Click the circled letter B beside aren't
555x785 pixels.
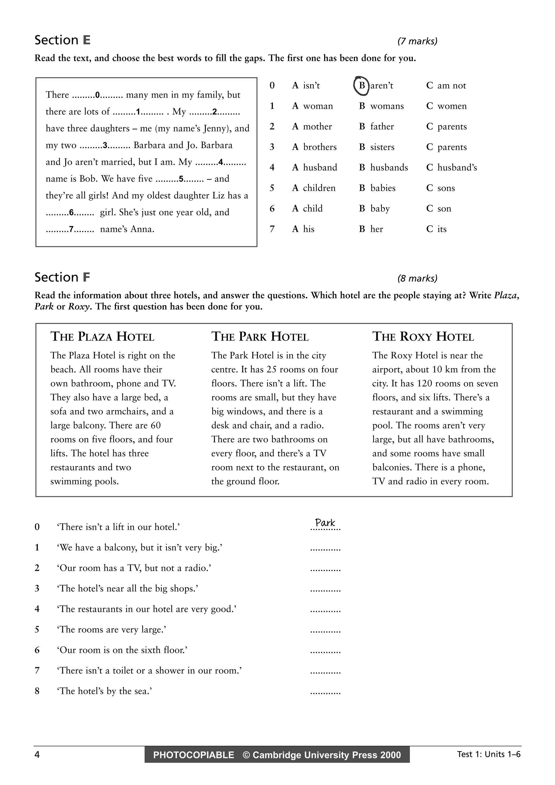tap(362, 86)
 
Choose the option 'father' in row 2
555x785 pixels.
tap(382, 126)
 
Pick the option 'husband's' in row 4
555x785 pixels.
tap(457, 167)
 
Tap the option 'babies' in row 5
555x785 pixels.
tap(383, 188)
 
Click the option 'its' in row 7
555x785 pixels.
tap(442, 229)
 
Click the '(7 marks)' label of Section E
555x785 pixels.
tap(417, 41)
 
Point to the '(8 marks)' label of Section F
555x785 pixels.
tap(417, 279)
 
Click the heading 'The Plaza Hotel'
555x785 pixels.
tap(102, 337)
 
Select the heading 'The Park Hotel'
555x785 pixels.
tap(260, 337)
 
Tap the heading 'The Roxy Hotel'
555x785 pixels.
tap(423, 337)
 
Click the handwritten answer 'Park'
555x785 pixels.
tap(325, 523)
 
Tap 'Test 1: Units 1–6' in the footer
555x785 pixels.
tap(489, 754)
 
